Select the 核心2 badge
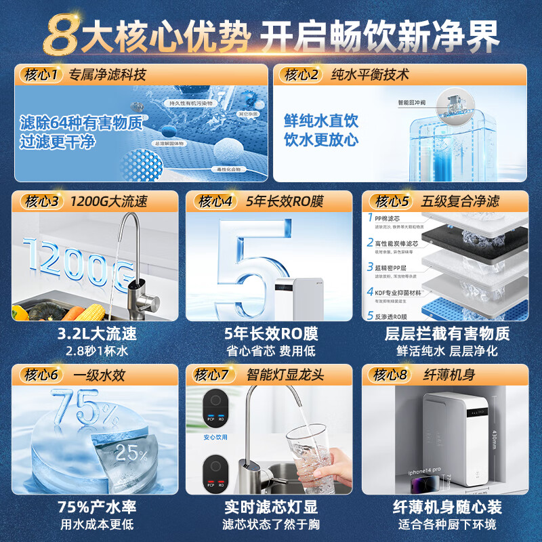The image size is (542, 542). pos(301,74)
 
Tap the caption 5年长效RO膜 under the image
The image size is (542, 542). pos(270,334)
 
